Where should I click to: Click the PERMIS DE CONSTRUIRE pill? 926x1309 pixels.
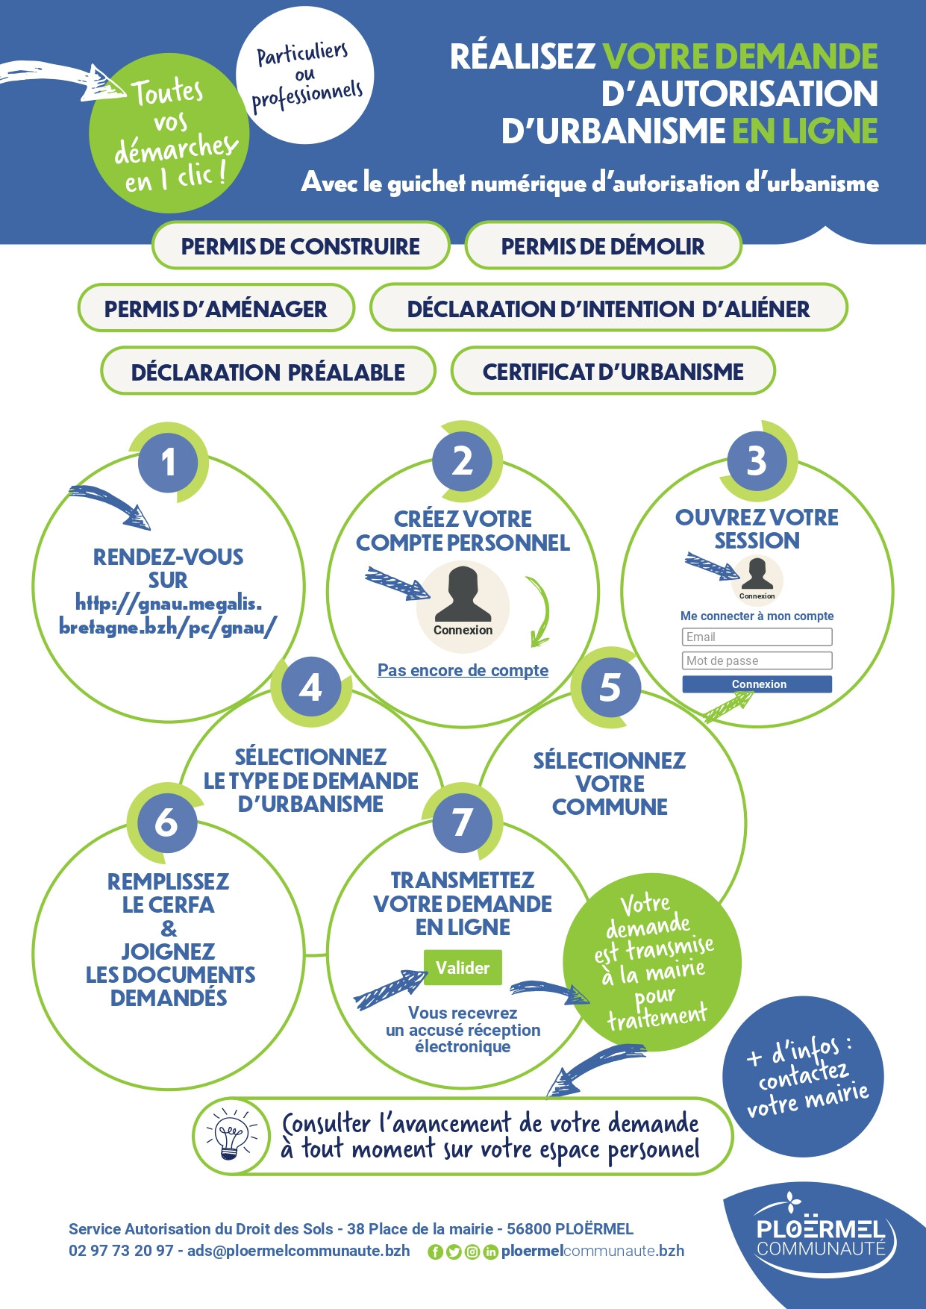[301, 246]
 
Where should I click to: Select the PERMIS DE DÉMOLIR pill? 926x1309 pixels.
[603, 246]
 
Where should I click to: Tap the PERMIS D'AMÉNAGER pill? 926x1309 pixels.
[216, 308]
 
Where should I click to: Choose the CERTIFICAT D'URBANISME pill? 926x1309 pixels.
[613, 371]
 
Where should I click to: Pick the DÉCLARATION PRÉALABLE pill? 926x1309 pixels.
[268, 371]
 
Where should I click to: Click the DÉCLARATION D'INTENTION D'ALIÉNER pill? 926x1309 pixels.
[608, 308]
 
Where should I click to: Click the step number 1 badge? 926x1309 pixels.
[168, 462]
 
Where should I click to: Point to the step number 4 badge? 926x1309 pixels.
[310, 687]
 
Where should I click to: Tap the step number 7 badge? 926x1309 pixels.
[462, 822]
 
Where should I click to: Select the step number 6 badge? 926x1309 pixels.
[166, 822]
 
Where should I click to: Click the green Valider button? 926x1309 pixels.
[463, 967]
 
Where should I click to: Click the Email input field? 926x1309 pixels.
[757, 637]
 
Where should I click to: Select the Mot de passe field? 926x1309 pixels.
[757, 660]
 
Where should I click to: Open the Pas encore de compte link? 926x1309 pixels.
[463, 670]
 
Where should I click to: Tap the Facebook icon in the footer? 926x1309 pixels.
[435, 1252]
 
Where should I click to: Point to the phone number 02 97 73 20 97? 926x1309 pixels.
[121, 1251]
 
